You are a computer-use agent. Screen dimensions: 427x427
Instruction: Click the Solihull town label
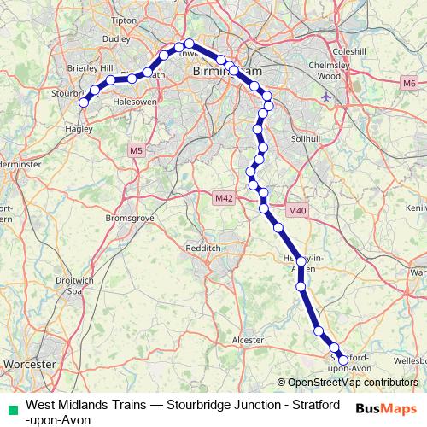(x=329, y=137)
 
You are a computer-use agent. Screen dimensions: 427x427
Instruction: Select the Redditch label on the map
(x=202, y=248)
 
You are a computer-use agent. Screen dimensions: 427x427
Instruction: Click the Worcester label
(x=29, y=364)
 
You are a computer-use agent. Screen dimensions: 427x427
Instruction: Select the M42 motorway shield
(x=224, y=198)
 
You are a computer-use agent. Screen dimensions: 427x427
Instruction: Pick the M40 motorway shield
(x=296, y=211)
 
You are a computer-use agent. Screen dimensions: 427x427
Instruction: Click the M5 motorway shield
(x=136, y=151)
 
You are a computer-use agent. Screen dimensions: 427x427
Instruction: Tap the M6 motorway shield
(x=410, y=83)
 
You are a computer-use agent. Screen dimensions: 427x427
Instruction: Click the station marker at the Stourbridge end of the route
(x=84, y=102)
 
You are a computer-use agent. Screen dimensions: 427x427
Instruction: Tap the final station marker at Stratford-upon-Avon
(x=343, y=361)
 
